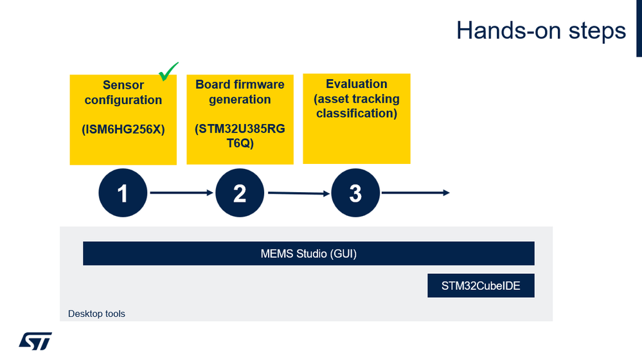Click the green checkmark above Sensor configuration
coord(168,71)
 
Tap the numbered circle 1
coord(123,192)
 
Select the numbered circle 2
coord(240,192)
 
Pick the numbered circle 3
coord(355,192)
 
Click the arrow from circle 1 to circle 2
coord(181,193)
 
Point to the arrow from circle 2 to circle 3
coord(298,193)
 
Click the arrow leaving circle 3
coord(415,192)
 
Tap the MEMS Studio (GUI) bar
coord(308,253)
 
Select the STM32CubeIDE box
coord(481,286)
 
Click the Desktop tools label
coord(96,314)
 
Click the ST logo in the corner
coord(35,341)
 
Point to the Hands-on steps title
coord(540,30)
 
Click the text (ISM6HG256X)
coord(123,129)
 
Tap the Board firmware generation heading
coord(240,92)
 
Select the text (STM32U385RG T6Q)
coord(240,136)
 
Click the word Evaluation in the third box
coord(356,84)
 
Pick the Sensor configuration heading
coord(123,93)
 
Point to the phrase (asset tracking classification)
coord(356,106)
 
